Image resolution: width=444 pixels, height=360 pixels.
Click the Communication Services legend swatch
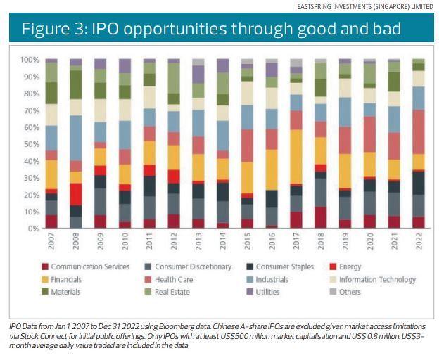(45, 266)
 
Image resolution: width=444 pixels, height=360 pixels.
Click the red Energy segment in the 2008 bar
(75, 194)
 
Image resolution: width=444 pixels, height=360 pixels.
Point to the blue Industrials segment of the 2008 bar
(75, 138)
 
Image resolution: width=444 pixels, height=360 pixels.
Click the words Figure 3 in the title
(49, 29)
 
